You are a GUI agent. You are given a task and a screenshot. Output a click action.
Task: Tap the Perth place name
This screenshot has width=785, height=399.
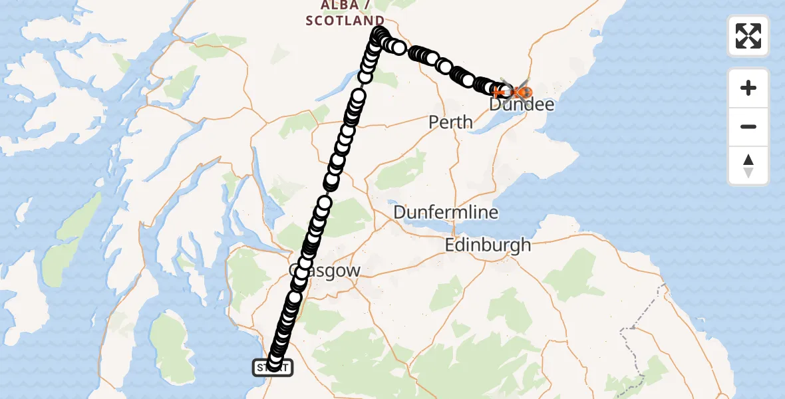coord(451,122)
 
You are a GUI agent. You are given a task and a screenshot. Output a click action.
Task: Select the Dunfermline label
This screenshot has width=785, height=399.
coord(446,213)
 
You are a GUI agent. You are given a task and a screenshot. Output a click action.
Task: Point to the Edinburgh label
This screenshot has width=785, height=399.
coord(488,245)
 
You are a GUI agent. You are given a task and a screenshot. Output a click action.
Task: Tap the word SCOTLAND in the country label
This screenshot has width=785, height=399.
coord(345,21)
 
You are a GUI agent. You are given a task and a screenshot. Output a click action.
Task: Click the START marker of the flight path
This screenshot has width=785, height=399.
coord(272,366)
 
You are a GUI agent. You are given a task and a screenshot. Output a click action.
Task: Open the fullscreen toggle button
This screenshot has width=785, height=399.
coord(748,36)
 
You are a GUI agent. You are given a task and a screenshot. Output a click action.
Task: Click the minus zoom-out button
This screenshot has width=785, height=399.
coord(748,126)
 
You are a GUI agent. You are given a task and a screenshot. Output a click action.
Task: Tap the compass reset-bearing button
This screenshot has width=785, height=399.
coord(748,166)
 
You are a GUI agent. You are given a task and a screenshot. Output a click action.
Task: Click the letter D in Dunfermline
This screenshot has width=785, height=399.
coord(400,213)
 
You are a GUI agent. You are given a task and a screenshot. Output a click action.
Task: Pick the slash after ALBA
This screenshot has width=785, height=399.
coord(367,6)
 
